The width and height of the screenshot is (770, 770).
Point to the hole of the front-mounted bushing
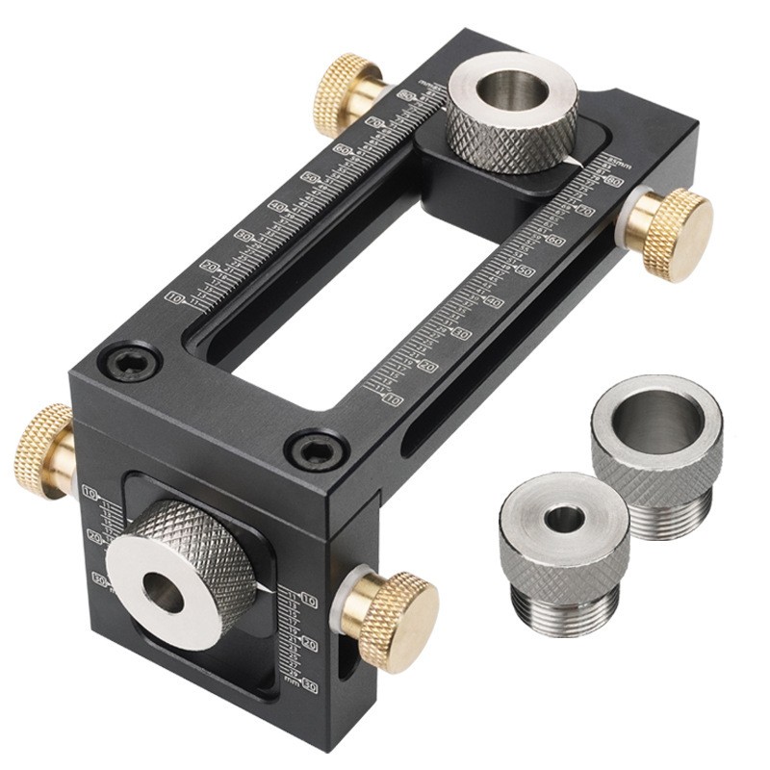coord(166,594)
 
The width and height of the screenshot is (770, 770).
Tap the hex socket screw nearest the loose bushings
coord(319,449)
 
